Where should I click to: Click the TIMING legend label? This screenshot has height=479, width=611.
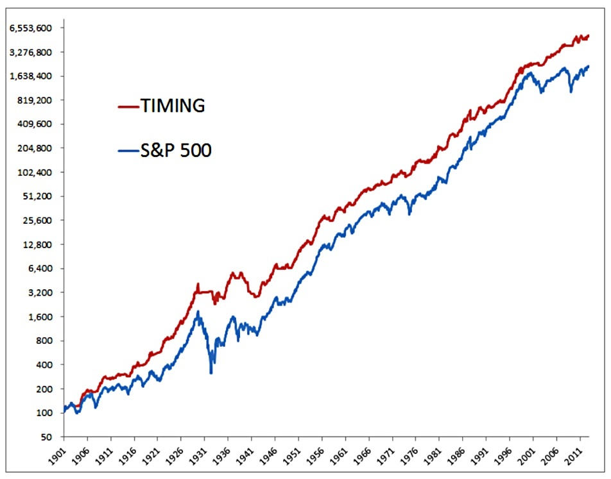[x=173, y=106]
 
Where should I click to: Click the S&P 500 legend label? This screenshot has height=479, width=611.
[x=176, y=150]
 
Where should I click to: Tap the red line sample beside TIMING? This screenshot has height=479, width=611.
[x=128, y=106]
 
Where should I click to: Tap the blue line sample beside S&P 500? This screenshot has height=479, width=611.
[x=128, y=151]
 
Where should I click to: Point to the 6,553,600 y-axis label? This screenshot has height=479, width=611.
[x=31, y=28]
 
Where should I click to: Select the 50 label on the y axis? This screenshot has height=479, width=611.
[x=46, y=437]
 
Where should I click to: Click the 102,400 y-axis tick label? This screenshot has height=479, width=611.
[x=35, y=172]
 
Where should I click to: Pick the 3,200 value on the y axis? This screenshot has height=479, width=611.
[x=40, y=292]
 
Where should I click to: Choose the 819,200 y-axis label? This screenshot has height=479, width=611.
[x=35, y=100]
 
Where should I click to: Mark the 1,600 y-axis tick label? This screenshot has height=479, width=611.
[x=40, y=317]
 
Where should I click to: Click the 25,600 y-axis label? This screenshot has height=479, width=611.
[x=37, y=221]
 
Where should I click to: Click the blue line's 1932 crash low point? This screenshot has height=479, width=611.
[x=211, y=373]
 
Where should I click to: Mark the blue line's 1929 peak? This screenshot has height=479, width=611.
[x=198, y=312]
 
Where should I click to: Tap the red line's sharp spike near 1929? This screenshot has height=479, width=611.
[x=198, y=284]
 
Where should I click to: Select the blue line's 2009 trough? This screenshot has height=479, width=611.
[x=571, y=92]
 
